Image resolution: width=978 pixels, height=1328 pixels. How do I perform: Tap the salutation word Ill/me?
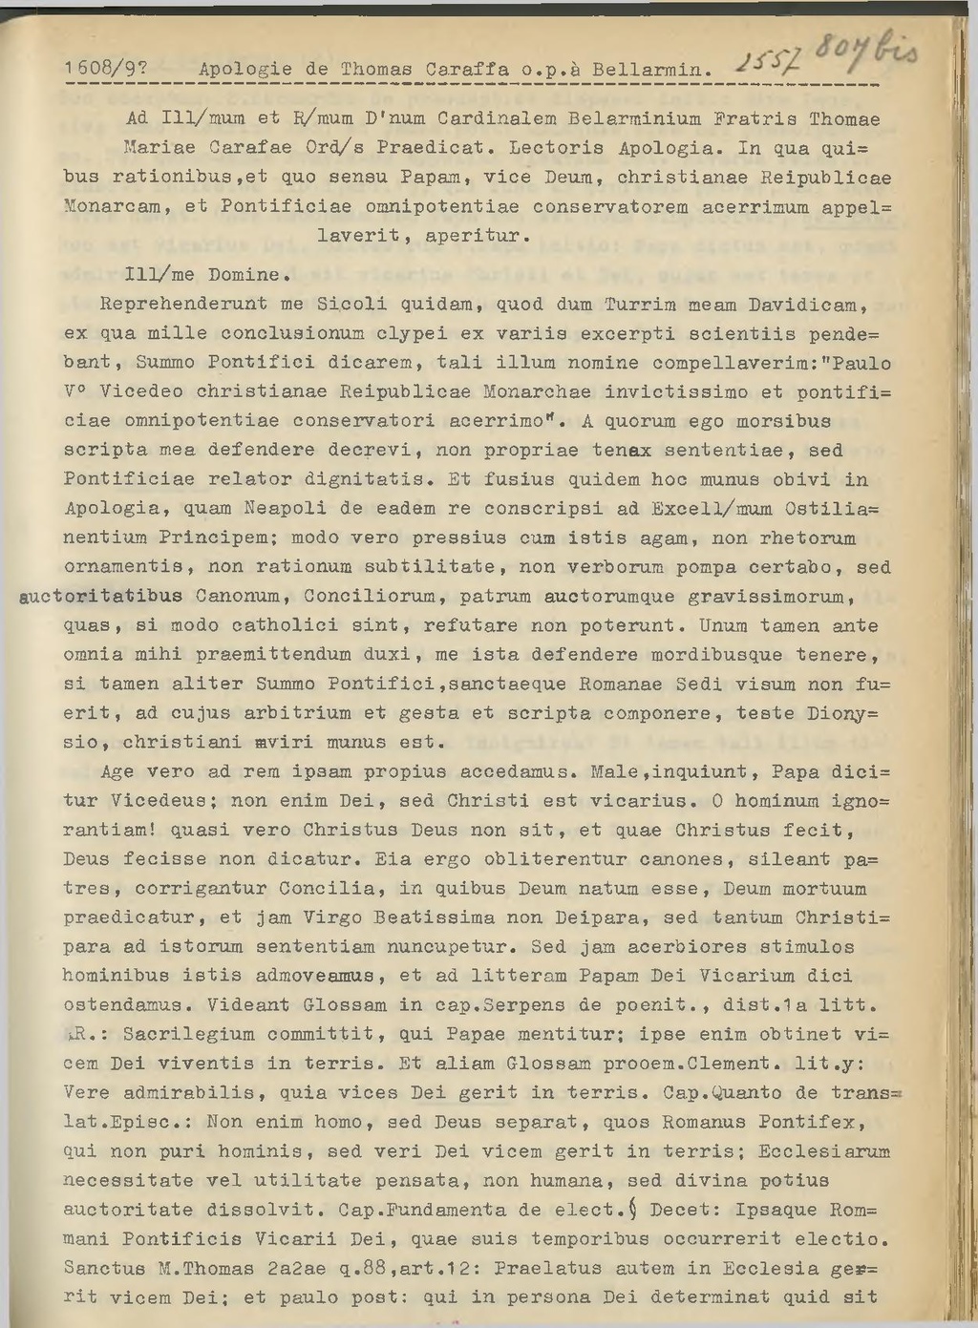tap(159, 275)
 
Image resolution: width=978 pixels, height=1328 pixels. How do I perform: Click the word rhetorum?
tap(808, 538)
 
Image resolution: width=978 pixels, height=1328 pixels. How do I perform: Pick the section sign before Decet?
tap(632, 1210)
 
